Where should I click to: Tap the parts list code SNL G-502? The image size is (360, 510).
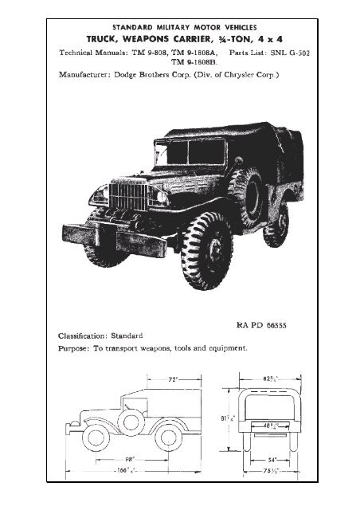click(290, 53)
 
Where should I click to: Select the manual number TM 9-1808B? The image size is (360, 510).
click(194, 62)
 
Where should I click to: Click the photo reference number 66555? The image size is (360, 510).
click(276, 325)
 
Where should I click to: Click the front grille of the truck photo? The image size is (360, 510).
click(128, 196)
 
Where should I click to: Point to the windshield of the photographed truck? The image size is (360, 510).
click(190, 152)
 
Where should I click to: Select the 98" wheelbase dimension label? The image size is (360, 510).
click(130, 459)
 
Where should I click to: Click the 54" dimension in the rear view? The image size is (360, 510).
click(272, 460)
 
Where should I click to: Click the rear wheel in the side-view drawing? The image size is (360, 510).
click(168, 437)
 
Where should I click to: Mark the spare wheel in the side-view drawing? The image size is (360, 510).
click(131, 422)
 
